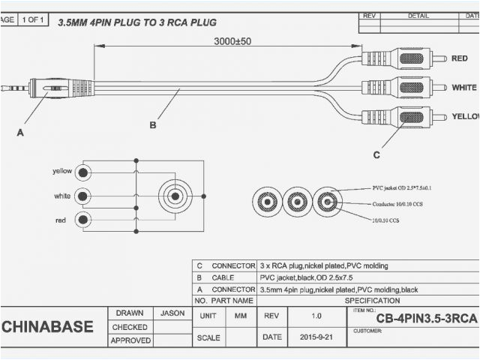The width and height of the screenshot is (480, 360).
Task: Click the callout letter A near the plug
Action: point(20,132)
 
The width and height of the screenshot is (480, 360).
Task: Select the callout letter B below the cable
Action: point(153,125)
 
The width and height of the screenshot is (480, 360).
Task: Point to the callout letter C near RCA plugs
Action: point(376,154)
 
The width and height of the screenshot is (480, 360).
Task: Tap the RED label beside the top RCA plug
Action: point(459,58)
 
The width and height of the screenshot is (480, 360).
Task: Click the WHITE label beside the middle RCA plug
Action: point(464,88)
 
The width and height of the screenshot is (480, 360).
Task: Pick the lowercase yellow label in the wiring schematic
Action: point(62,171)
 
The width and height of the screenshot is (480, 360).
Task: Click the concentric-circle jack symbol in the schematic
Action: point(175,196)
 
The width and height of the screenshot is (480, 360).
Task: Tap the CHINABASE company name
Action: point(47,327)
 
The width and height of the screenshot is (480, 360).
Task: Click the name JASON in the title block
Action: point(173,313)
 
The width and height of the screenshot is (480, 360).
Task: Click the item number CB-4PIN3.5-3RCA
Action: point(425,319)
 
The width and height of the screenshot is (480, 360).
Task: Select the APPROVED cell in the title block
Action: point(130,340)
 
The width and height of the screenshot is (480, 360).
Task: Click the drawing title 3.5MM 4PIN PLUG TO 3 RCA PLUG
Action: point(137,22)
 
